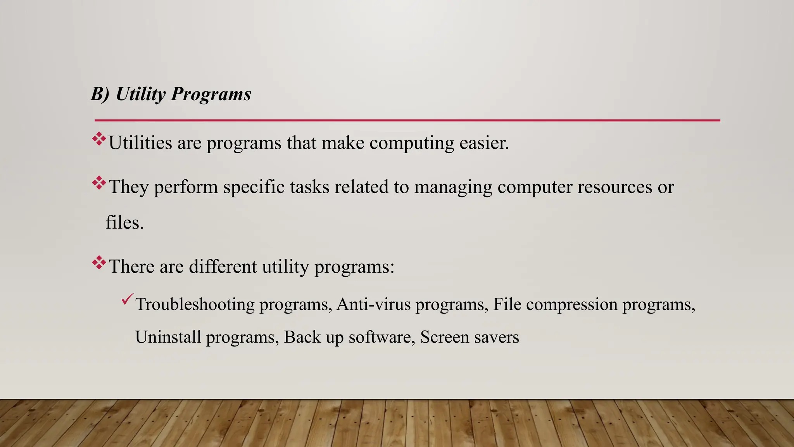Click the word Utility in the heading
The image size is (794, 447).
pos(140,94)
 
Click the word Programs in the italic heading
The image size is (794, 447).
pos(211,94)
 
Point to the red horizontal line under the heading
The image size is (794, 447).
pos(407,120)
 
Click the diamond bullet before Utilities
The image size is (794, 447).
pos(99,139)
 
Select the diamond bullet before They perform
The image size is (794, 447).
pos(99,183)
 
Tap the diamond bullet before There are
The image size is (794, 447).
pos(99,263)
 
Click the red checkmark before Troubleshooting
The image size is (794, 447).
pos(127,299)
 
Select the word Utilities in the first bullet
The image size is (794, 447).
pos(140,143)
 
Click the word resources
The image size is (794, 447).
pos(614,187)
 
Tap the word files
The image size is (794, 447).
pos(124,222)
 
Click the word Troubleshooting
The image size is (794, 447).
pos(195,305)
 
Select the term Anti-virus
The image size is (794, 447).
pos(373,304)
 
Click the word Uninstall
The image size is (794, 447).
pos(168,337)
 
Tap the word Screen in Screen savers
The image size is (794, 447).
pos(445,337)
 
